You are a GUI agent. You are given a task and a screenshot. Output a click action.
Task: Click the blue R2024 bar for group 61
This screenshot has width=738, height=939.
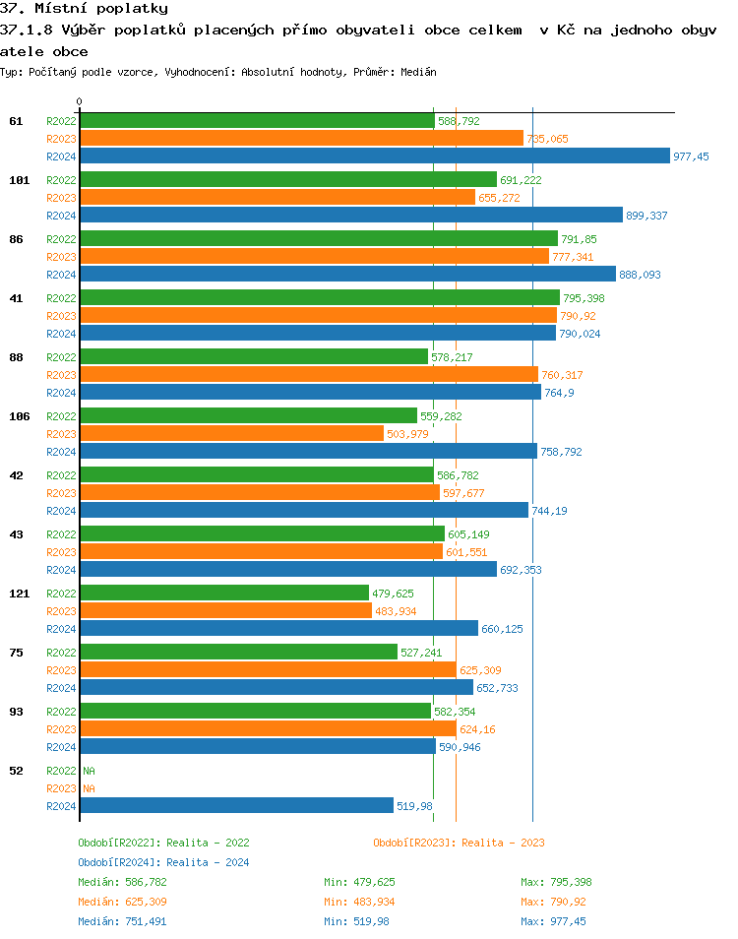374,156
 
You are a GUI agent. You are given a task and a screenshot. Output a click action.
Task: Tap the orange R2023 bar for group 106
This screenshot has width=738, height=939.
231,433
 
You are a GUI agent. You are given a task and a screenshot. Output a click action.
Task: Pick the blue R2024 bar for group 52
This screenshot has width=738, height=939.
236,805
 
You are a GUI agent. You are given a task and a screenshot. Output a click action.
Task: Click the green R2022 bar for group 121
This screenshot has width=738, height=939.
224,593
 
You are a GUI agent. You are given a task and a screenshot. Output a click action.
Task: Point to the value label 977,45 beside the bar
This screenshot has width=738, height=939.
691,156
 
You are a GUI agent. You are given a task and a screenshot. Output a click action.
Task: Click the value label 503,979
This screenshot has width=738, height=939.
407,434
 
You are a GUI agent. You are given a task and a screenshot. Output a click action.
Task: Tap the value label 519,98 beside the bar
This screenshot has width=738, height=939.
414,806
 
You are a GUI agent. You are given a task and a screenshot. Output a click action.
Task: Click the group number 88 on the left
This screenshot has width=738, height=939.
16,357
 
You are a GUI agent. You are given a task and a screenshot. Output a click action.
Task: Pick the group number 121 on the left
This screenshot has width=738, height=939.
19,594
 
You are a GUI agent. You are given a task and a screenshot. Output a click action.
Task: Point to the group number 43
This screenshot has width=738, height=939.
16,534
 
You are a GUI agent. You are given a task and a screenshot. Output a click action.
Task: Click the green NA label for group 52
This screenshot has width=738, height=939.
89,771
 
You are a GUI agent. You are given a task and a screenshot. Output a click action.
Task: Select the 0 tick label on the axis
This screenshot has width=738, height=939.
80,101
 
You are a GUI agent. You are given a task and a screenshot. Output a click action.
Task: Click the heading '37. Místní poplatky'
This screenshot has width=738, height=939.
84,9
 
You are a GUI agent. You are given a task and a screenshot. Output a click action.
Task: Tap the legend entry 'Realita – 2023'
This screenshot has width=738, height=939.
459,843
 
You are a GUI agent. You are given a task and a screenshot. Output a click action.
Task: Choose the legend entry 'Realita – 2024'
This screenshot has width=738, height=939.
163,862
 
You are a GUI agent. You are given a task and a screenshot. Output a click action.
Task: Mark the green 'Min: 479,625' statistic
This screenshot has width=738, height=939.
369,882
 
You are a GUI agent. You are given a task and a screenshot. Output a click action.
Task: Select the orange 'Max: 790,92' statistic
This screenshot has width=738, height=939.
553,902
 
